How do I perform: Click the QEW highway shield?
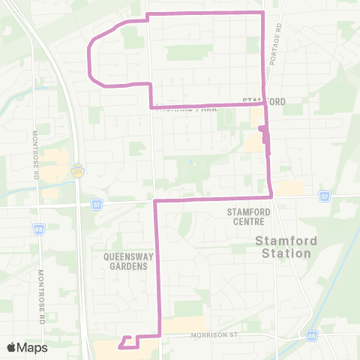point(77,170)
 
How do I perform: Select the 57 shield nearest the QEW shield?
point(97,203)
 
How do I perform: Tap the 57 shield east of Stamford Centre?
point(324,196)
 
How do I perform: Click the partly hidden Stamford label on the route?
point(264,100)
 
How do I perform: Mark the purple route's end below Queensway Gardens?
point(119,347)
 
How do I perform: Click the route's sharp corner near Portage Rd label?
point(263,13)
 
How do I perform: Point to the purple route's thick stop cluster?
point(264,133)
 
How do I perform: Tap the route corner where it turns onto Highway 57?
point(155,201)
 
